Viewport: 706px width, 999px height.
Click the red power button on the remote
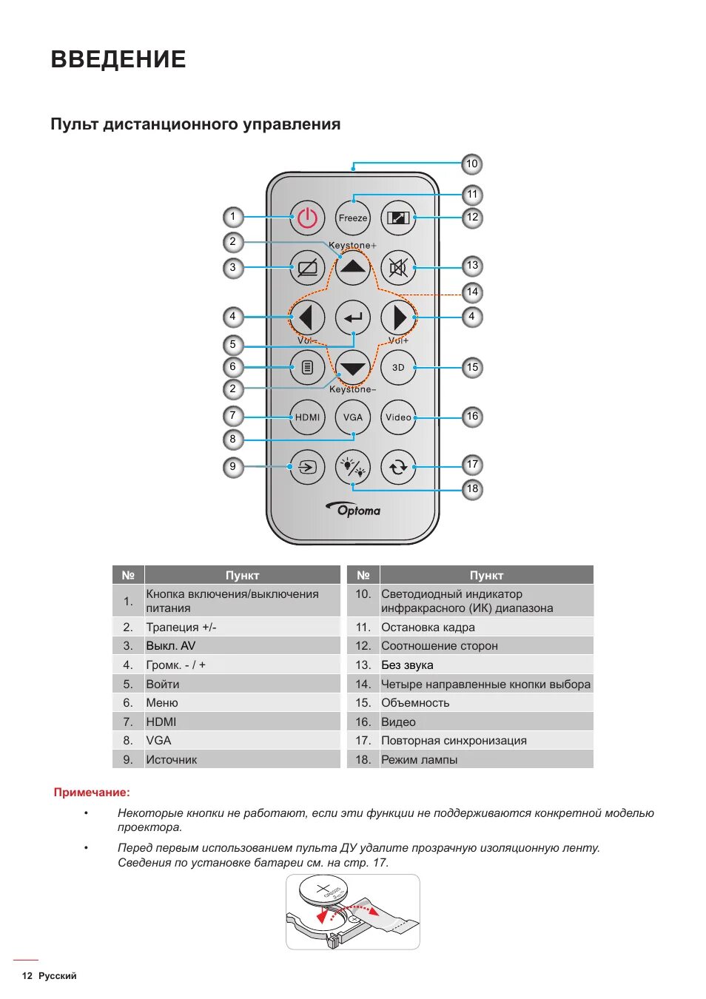pyautogui.click(x=307, y=218)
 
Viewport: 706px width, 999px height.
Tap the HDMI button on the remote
pyautogui.click(x=307, y=417)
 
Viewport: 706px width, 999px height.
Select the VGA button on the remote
pyautogui.click(x=353, y=417)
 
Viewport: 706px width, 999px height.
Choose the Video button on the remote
pyautogui.click(x=398, y=417)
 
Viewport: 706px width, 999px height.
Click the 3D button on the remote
pyautogui.click(x=398, y=367)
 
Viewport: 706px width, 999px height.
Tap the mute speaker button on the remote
pyautogui.click(x=398, y=267)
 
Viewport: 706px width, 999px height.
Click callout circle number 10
pyautogui.click(x=472, y=164)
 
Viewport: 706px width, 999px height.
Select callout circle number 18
pyautogui.click(x=472, y=488)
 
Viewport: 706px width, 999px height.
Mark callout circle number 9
pyautogui.click(x=232, y=466)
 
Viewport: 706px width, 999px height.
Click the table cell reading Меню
pyautogui.click(x=162, y=703)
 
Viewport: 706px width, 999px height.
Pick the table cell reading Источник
pyautogui.click(x=172, y=759)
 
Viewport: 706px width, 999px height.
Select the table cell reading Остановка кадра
pyautogui.click(x=428, y=628)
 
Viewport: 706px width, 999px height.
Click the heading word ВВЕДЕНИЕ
pyautogui.click(x=118, y=59)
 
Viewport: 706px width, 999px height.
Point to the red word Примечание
pyautogui.click(x=91, y=793)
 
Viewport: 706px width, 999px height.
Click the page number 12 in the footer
pyautogui.click(x=27, y=976)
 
